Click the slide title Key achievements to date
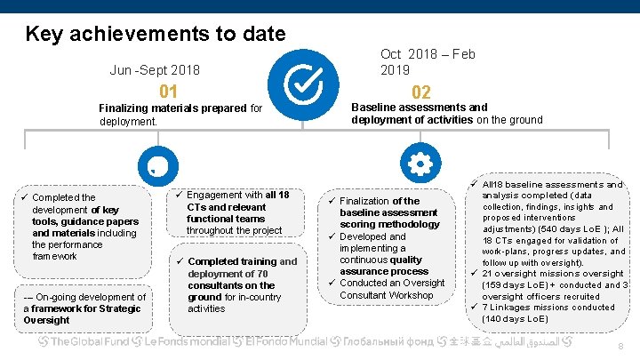(156, 35)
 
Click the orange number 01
(168, 92)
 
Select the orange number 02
(420, 93)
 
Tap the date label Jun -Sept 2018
(155, 70)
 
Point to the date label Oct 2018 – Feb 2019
(428, 61)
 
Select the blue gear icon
(418, 164)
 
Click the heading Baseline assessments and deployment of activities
(446, 114)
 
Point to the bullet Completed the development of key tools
(84, 227)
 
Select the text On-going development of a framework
(85, 308)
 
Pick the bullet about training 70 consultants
(240, 284)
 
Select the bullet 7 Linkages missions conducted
(548, 313)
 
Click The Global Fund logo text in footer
(89, 342)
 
